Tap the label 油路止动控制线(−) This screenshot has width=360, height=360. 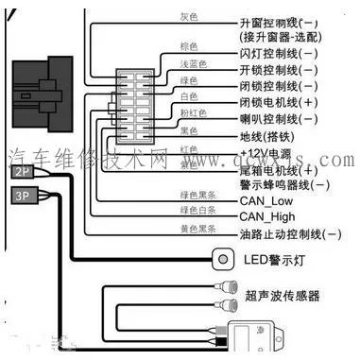point(291,233)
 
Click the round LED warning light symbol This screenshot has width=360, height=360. point(224,258)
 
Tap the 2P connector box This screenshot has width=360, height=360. point(24,172)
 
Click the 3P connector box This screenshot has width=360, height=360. point(24,196)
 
